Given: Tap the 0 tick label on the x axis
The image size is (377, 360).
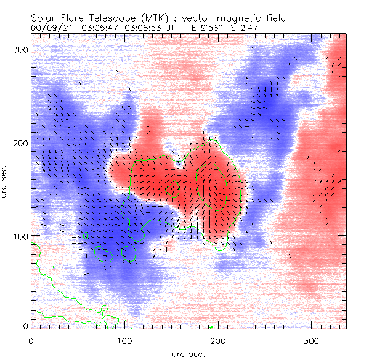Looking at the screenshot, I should [x=31, y=340].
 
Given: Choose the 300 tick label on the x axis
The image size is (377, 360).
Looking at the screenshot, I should [x=312, y=340].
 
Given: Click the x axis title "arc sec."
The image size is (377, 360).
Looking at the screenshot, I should [x=188, y=354].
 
